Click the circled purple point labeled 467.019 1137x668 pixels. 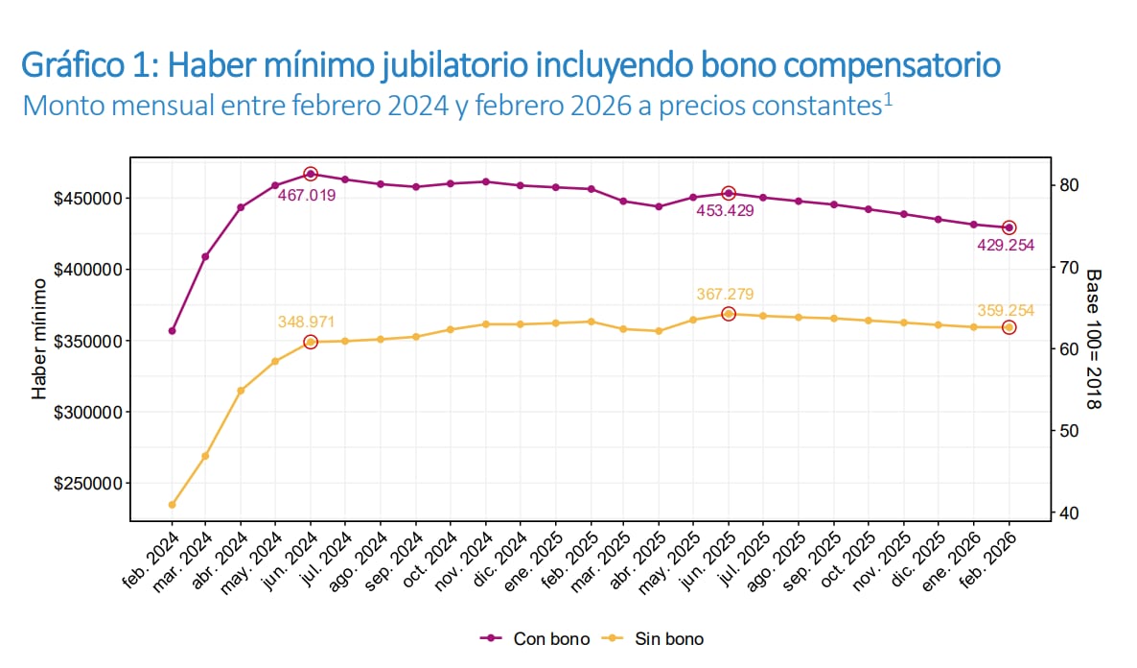tap(311, 174)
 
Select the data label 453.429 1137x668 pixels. tap(727, 210)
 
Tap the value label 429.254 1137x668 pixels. tap(1006, 246)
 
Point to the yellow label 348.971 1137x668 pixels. tap(307, 322)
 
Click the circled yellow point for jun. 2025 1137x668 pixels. tap(728, 314)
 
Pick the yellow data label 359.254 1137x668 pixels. tap(1006, 310)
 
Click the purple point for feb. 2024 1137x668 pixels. tap(172, 331)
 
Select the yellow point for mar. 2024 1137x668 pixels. tap(205, 456)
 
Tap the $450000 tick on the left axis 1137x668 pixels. tap(89, 199)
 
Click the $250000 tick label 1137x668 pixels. tap(89, 484)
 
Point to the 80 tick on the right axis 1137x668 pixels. tap(1070, 185)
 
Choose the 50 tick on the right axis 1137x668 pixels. tap(1070, 431)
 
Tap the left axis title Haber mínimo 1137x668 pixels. tap(40, 339)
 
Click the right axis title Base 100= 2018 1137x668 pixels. tap(1093, 339)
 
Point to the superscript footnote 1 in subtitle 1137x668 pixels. tap(888, 97)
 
